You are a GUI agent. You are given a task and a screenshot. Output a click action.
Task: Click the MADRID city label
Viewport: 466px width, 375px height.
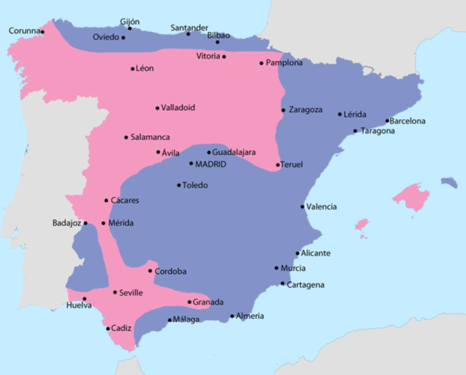pos(211,164)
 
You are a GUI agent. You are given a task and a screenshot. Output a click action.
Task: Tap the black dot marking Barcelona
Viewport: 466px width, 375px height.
pos(388,121)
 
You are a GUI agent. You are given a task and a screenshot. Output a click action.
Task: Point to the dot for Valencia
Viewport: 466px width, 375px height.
pos(303,206)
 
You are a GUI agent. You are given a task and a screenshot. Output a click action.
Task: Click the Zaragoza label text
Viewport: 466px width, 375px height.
pos(306,109)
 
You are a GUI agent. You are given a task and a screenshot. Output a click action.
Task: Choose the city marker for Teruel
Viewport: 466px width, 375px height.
pos(278,165)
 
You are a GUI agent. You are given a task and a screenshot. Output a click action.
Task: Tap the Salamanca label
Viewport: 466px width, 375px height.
pos(150,137)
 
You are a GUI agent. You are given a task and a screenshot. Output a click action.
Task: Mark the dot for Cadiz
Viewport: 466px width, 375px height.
pos(108,328)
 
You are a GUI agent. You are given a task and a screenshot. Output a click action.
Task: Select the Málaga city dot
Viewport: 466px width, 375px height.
pos(170,319)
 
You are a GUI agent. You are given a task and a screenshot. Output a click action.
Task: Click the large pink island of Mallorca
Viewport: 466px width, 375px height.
pos(412,197)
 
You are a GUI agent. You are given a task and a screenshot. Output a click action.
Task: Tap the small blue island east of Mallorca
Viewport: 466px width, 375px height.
pos(449,182)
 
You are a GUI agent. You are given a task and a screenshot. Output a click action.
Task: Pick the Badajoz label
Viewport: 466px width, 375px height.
pos(66,223)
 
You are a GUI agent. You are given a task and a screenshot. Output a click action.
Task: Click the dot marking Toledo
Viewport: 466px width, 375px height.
pos(178,185)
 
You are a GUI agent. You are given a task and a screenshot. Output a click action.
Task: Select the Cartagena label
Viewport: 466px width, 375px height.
pos(306,284)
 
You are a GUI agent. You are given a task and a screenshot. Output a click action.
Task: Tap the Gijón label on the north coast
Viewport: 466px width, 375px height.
pos(130,21)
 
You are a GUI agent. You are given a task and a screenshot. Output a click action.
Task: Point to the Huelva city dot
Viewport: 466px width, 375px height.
pos(84,298)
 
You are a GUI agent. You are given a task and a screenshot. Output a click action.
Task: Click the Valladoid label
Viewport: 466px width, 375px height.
pos(178,108)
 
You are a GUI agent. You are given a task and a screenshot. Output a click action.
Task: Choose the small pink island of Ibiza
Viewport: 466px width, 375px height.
pos(361,225)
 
